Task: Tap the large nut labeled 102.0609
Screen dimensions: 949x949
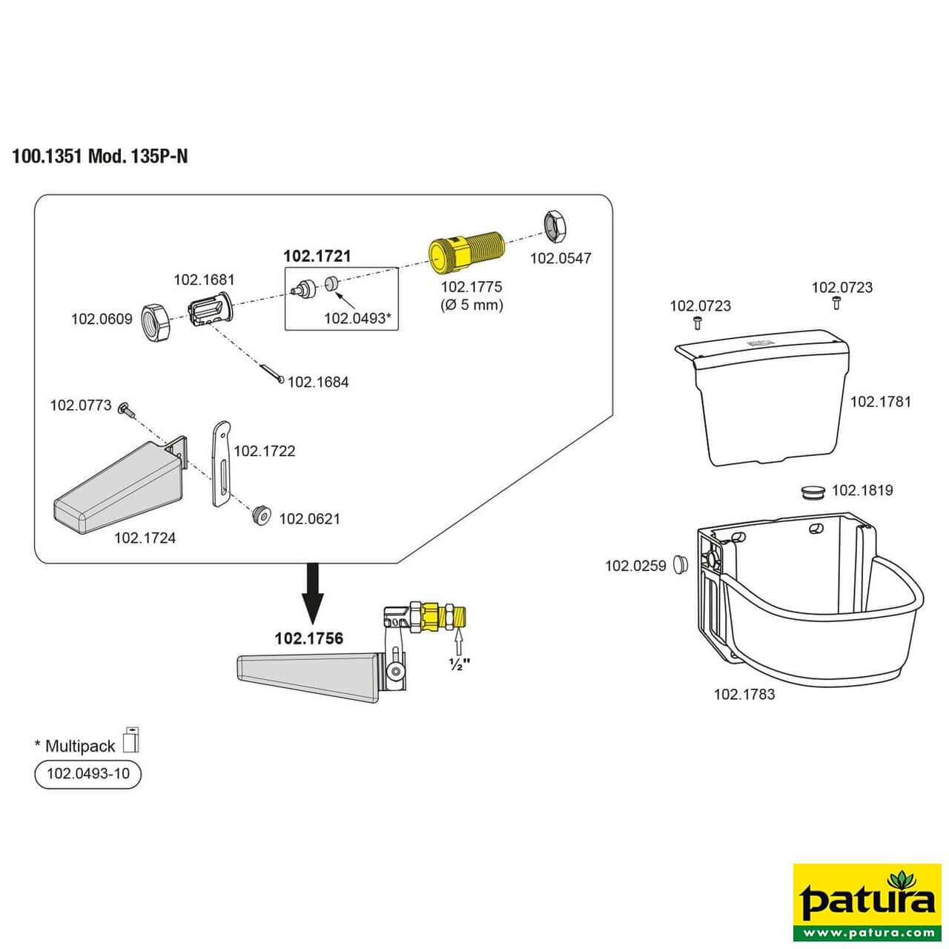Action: click(x=157, y=321)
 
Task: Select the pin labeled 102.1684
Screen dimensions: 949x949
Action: click(x=270, y=373)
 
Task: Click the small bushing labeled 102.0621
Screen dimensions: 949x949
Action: click(x=260, y=515)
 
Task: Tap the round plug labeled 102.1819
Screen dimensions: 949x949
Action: click(x=813, y=492)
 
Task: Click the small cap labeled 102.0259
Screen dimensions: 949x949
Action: click(x=680, y=564)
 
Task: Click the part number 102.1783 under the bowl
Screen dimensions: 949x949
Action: click(x=744, y=694)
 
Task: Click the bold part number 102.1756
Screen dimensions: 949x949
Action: click(x=308, y=638)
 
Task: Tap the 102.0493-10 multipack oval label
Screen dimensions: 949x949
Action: click(x=87, y=774)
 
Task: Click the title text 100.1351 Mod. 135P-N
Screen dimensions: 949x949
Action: click(x=100, y=157)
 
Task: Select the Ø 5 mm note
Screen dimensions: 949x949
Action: click(x=472, y=304)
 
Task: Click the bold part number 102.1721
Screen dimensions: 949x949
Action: click(x=317, y=256)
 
